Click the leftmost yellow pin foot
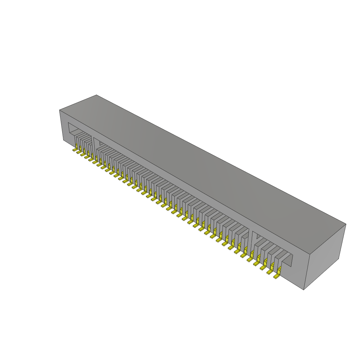[x=75, y=150]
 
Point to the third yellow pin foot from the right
[x=263, y=268]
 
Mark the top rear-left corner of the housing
[x=96, y=95]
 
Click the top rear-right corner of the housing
[x=346, y=224]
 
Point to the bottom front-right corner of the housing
[x=303, y=290]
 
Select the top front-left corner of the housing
[x=59, y=110]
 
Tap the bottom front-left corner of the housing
[x=63, y=140]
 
